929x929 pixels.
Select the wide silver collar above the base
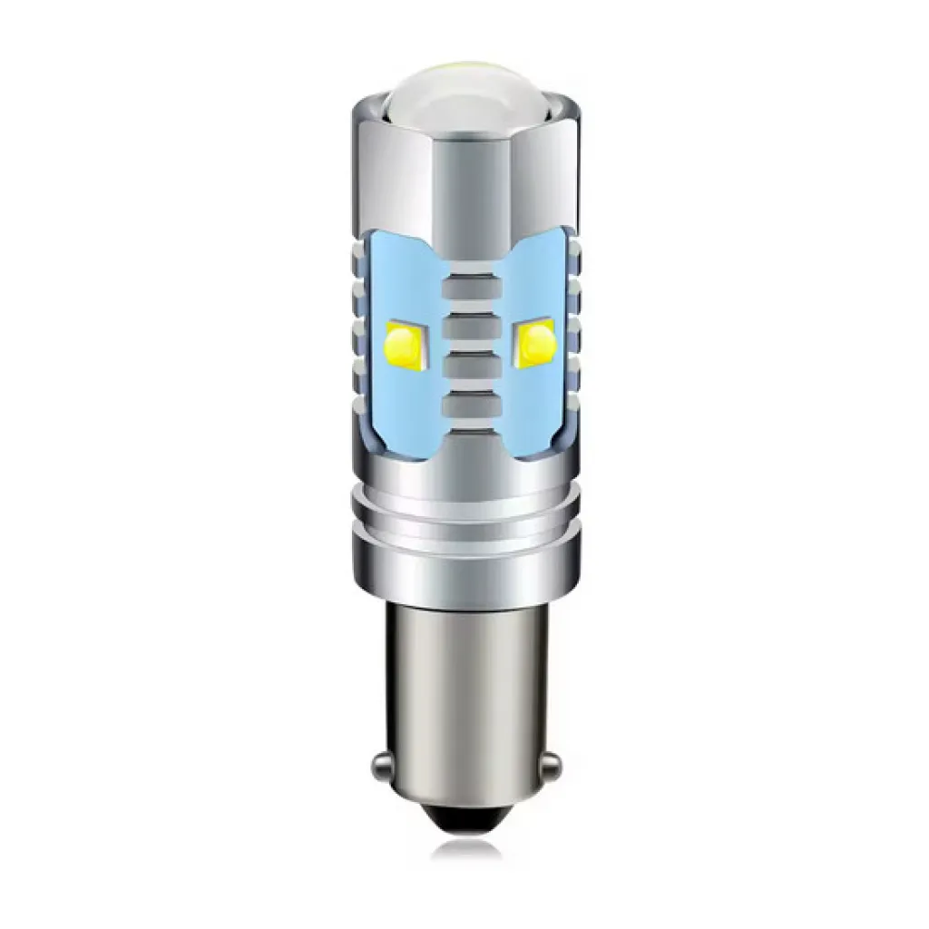coord(464,567)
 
